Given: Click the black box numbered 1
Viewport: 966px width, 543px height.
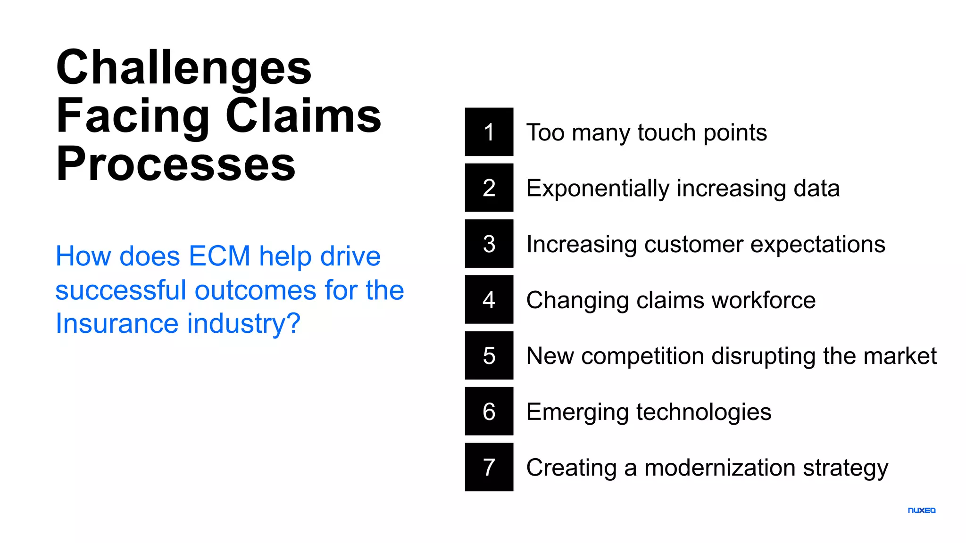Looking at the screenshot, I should tap(489, 132).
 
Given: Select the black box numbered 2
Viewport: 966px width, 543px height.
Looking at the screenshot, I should tap(489, 188).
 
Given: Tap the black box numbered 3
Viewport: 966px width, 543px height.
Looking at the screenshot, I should tap(489, 243).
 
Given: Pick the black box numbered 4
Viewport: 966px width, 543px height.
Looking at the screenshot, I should tap(489, 299).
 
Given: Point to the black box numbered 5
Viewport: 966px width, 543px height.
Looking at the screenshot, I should tap(489, 355).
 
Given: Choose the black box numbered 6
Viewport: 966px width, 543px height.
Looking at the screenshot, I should tap(489, 411).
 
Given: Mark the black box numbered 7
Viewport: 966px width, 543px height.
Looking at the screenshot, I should tap(489, 467).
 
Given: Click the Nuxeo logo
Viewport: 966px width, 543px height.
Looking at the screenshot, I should tap(921, 510).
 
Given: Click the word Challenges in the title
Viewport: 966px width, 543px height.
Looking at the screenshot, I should tap(184, 68).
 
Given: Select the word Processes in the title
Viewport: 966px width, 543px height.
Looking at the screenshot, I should tap(176, 165).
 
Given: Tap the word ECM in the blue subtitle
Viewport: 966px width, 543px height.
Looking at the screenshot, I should tap(219, 256).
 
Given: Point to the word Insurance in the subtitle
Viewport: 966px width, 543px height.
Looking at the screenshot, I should tap(117, 323).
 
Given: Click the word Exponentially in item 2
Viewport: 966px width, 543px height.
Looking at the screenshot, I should tap(598, 189).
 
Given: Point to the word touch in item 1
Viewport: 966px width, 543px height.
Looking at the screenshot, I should tap(666, 132).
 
